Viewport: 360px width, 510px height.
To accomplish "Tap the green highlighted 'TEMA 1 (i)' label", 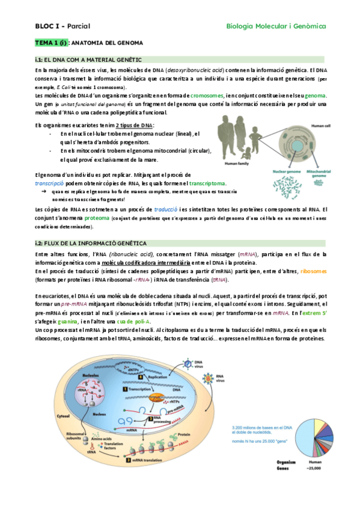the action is [51, 43].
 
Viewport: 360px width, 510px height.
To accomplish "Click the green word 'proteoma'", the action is [97, 218].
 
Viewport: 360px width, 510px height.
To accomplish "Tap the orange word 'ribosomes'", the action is [311, 271].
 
